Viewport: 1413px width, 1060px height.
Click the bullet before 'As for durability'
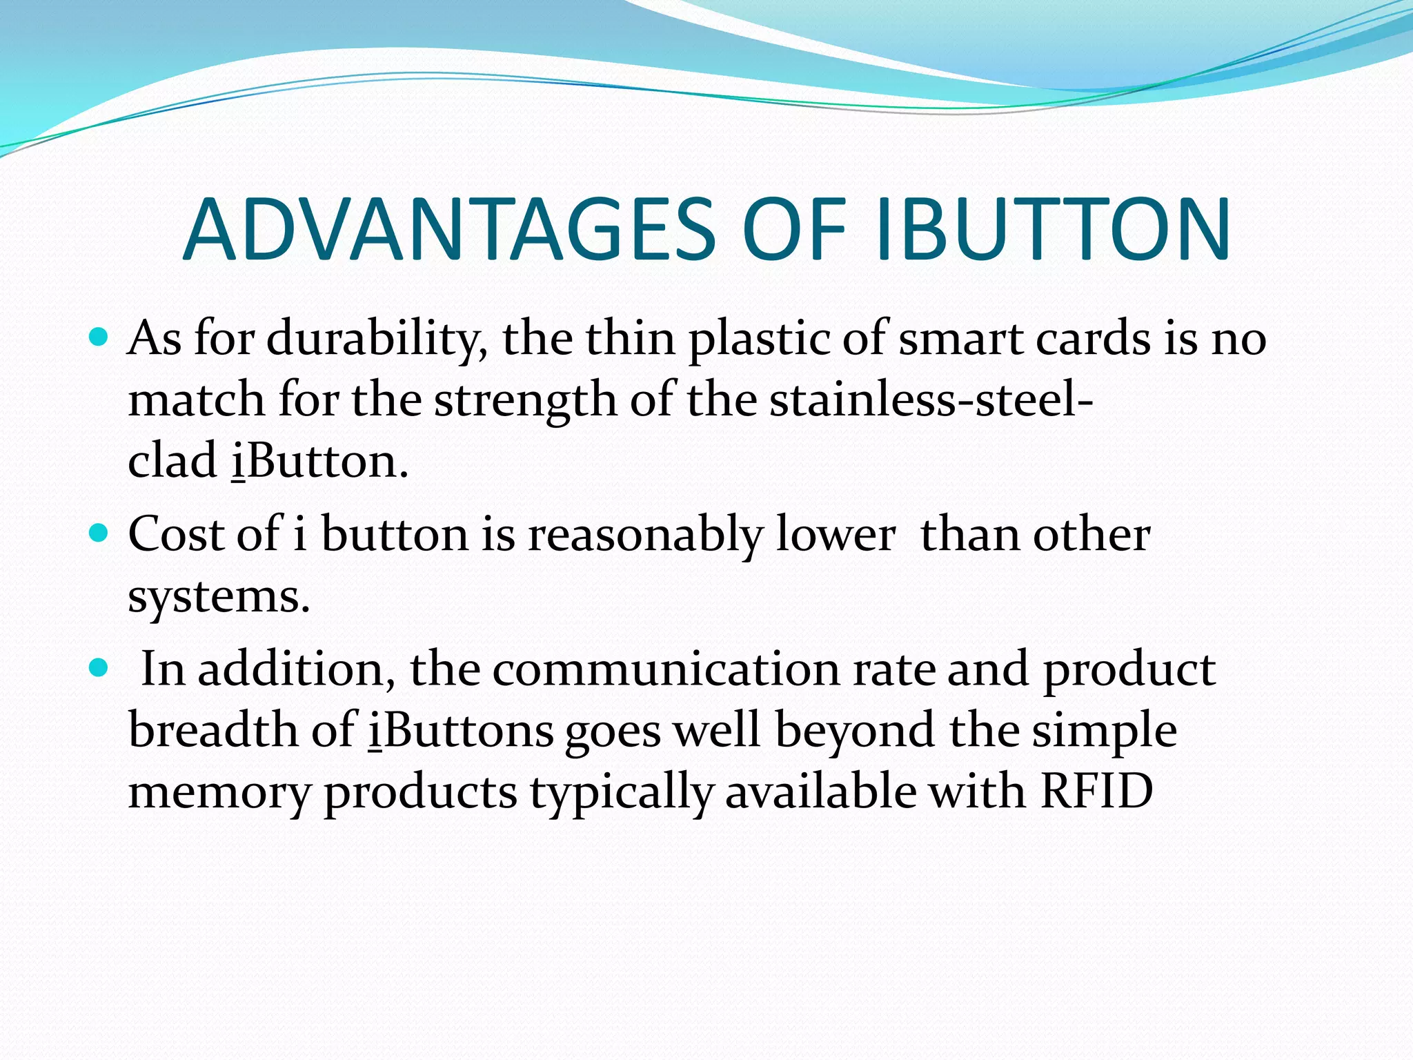coord(99,337)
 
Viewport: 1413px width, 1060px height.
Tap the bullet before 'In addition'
coord(99,668)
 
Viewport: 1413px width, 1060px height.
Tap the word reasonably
coord(645,536)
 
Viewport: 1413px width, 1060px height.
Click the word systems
coord(219,596)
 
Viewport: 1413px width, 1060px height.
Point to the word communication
coord(666,669)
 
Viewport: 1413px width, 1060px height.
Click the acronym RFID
coord(1096,791)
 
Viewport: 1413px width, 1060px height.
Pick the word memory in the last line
coord(220,792)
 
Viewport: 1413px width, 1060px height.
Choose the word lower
coord(836,536)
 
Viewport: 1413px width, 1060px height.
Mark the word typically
coord(621,792)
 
